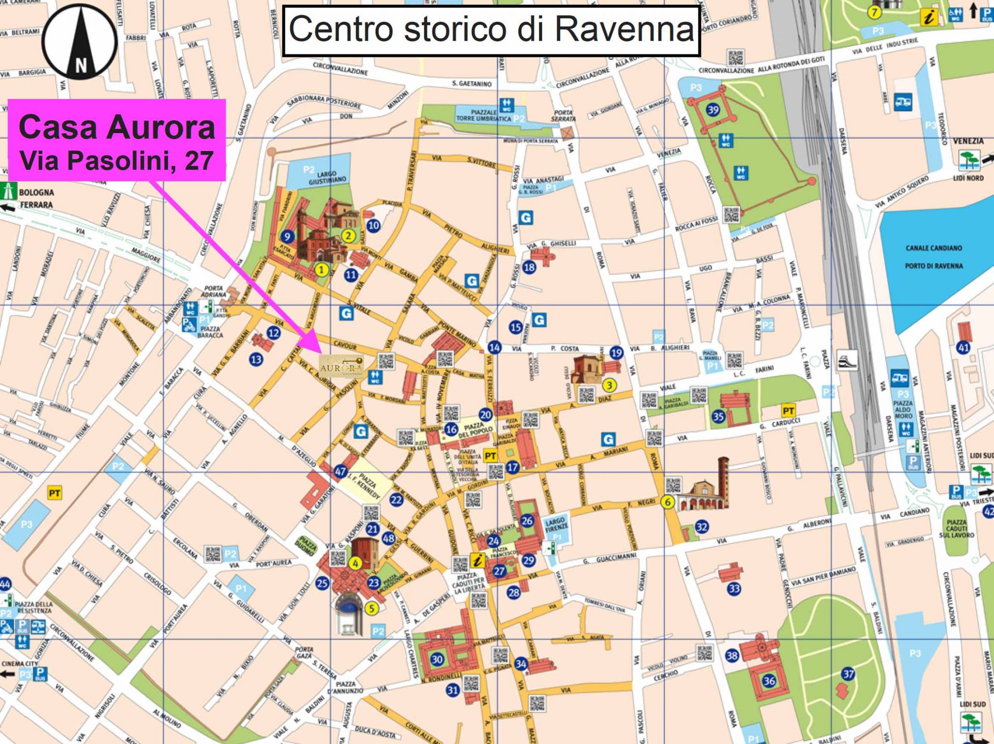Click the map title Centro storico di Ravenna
pyautogui.click(x=491, y=30)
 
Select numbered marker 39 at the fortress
pyautogui.click(x=712, y=110)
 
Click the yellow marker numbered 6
pyautogui.click(x=668, y=502)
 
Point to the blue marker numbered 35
pyautogui.click(x=718, y=416)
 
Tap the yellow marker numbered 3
pyautogui.click(x=609, y=385)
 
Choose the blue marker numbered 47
pyautogui.click(x=340, y=471)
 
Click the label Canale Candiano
pyautogui.click(x=933, y=248)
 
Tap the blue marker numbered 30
pyautogui.click(x=437, y=659)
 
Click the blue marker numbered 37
pyautogui.click(x=848, y=674)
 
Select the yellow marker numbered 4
pyautogui.click(x=356, y=563)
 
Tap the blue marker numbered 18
pyautogui.click(x=529, y=267)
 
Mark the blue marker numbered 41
pyautogui.click(x=963, y=347)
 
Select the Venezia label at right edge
pyautogui.click(x=968, y=141)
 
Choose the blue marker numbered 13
pyautogui.click(x=256, y=359)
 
